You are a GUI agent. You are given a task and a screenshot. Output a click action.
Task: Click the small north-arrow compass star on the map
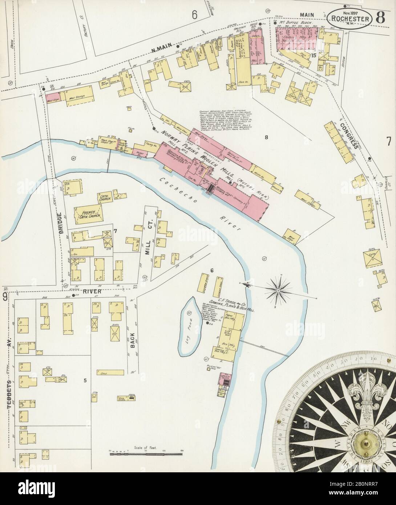[x=278, y=290]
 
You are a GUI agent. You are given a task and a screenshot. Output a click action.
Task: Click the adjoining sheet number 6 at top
[x=194, y=14]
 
